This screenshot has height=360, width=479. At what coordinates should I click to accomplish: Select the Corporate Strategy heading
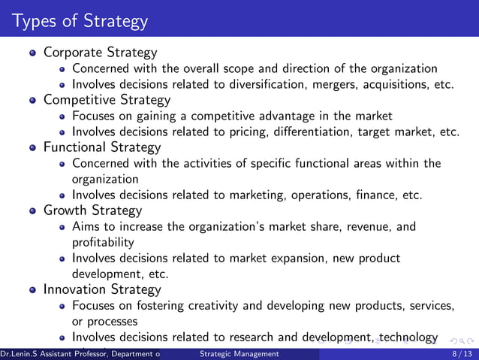(x=100, y=53)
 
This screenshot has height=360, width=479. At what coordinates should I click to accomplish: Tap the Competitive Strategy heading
(x=107, y=100)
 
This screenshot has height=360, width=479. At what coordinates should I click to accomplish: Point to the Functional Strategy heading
(x=102, y=147)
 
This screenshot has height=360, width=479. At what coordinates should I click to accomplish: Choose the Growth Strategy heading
(x=92, y=210)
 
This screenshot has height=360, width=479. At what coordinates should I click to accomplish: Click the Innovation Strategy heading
(x=101, y=289)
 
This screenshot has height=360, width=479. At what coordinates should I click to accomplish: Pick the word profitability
(x=103, y=242)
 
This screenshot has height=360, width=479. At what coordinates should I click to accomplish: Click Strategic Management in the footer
(x=239, y=353)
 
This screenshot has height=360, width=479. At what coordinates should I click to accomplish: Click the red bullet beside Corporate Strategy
(x=32, y=53)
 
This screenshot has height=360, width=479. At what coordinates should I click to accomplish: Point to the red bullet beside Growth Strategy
(x=32, y=211)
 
